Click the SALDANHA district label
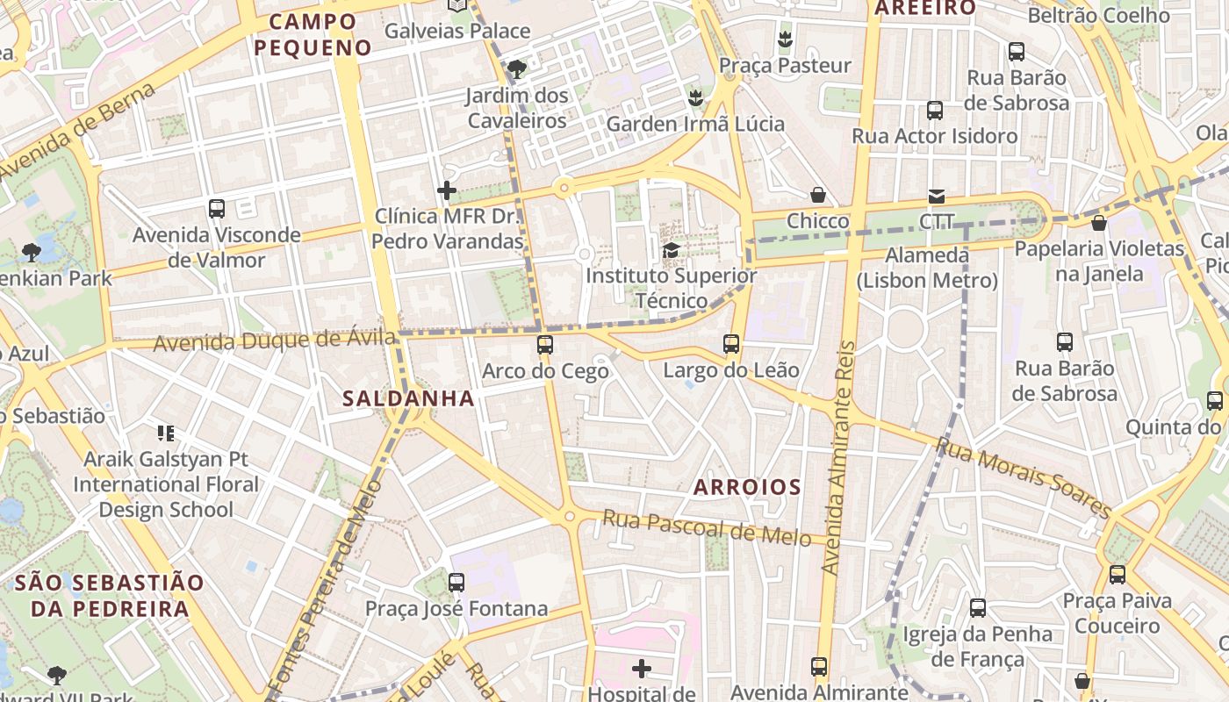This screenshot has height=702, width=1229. (x=408, y=398)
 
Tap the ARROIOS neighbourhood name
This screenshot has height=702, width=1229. (x=747, y=487)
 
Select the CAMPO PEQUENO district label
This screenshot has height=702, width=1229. (x=313, y=34)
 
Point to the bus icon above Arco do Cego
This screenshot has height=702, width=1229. (x=545, y=345)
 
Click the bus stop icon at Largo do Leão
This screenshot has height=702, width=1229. (x=731, y=343)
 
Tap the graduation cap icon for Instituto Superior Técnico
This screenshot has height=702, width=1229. (x=671, y=250)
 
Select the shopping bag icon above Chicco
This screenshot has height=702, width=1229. (x=818, y=195)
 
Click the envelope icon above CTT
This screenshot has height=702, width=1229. (x=937, y=197)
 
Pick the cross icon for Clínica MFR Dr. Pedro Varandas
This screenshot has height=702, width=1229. (x=447, y=190)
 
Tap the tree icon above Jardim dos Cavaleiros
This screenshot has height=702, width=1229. (x=517, y=68)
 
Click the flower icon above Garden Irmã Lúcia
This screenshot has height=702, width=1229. (x=695, y=97)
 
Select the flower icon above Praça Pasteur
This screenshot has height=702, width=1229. (x=785, y=39)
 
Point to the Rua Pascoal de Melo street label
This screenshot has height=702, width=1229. (x=706, y=528)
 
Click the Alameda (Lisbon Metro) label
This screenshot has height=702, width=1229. (x=927, y=268)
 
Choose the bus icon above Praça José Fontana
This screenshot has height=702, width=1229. (x=456, y=582)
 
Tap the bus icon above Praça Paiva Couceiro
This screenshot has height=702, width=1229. (x=1117, y=575)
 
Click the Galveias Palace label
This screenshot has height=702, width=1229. (x=457, y=31)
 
